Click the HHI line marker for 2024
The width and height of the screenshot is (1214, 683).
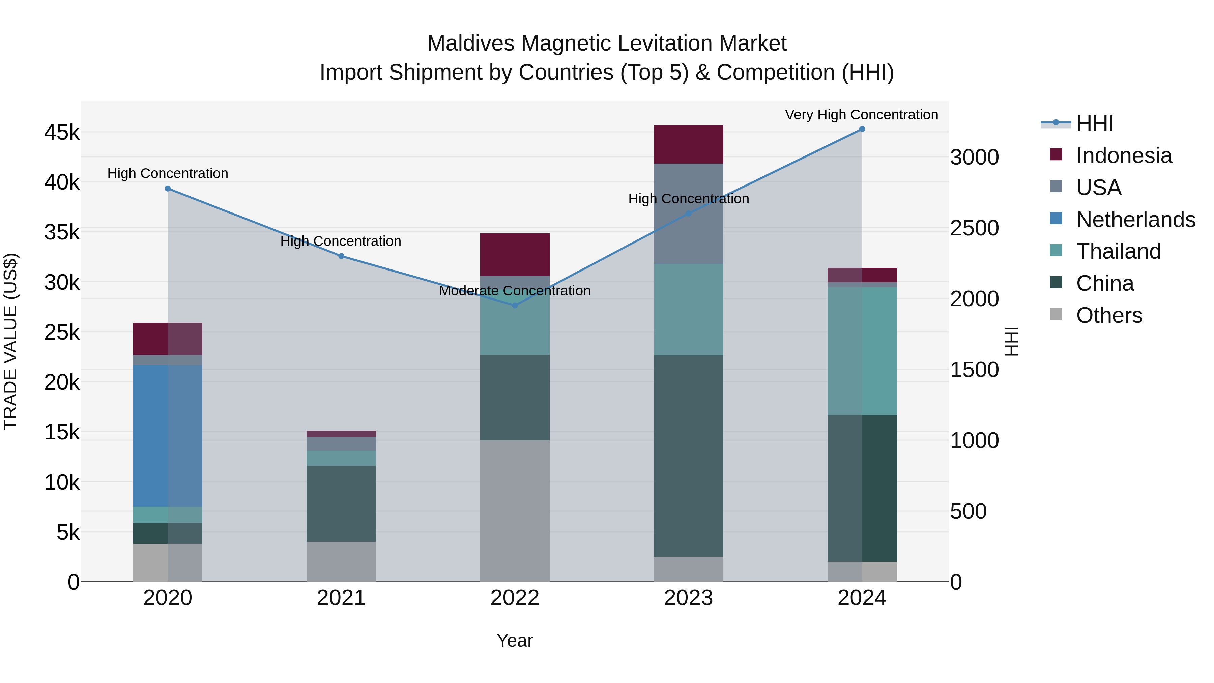[862, 129]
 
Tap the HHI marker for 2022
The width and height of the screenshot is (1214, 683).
[515, 306]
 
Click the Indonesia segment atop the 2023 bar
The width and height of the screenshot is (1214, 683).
[688, 144]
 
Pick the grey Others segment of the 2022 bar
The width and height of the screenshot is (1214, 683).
[515, 511]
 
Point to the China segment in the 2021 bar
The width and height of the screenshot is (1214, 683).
[341, 504]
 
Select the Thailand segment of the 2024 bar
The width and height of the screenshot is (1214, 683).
[862, 351]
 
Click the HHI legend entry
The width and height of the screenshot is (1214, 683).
[1094, 123]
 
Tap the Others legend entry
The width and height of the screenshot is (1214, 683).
[1108, 315]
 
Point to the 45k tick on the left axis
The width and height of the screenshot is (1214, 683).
[62, 133]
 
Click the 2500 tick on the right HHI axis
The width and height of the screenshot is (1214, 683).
[974, 228]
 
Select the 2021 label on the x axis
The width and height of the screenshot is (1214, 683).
[341, 598]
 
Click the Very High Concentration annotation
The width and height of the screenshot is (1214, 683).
[862, 115]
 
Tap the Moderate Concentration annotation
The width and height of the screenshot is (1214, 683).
[515, 291]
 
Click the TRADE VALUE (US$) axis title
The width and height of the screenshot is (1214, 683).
[10, 341]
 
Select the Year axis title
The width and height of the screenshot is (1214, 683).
[515, 641]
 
